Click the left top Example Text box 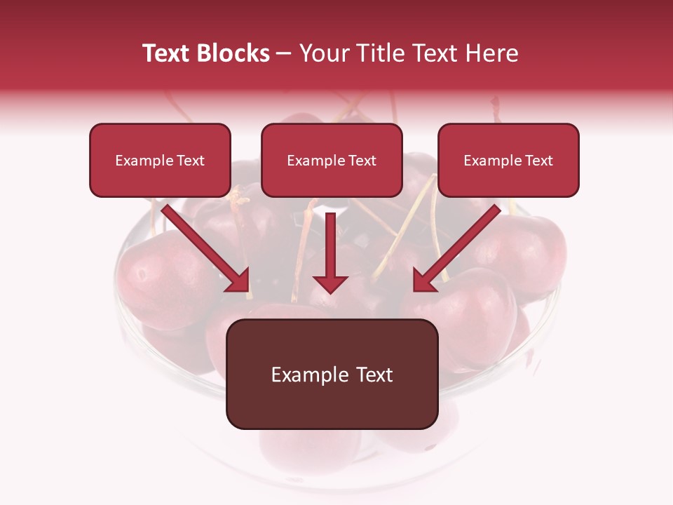tap(160, 160)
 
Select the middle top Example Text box tap(332, 160)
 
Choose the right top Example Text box tap(508, 160)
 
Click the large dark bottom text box tap(332, 374)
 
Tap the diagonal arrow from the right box tap(459, 245)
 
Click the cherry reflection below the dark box tap(308, 449)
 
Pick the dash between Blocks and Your tap(284, 54)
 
